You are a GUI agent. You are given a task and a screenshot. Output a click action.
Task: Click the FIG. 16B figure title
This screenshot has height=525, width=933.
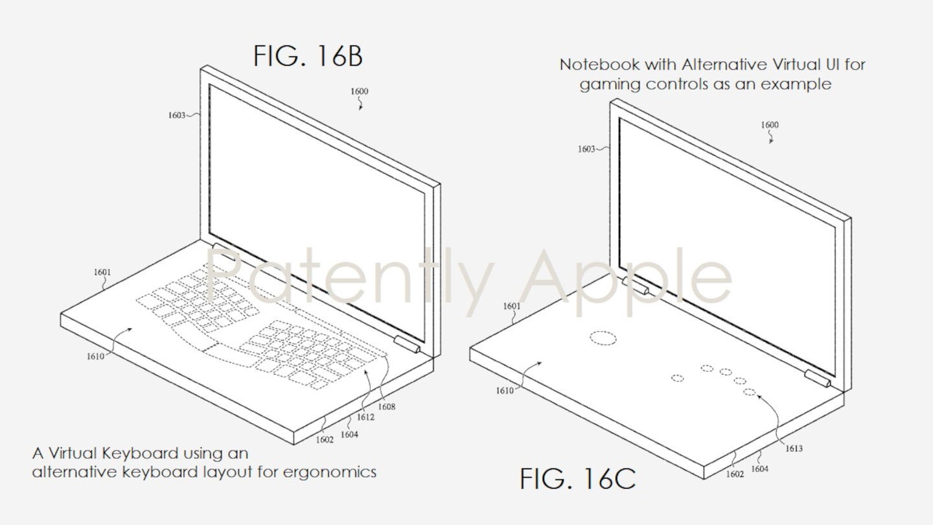[308, 56]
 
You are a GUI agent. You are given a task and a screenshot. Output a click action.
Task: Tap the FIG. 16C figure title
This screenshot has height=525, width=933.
[577, 479]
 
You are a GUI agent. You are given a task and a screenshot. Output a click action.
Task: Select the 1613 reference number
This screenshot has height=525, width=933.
[794, 448]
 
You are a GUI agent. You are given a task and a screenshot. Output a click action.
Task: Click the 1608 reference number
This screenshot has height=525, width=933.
[386, 407]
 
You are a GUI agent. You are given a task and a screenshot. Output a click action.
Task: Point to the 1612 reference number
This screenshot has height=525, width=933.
[365, 417]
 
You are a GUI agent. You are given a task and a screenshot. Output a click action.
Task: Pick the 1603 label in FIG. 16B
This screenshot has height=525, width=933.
[176, 115]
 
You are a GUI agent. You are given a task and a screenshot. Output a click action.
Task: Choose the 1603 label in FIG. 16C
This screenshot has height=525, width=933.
[586, 149]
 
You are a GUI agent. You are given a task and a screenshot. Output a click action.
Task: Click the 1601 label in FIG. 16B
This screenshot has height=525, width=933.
[102, 272]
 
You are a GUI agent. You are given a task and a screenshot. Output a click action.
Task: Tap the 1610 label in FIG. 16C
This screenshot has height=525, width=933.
[504, 390]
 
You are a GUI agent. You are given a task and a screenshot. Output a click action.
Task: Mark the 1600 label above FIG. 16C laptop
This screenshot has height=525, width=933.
[770, 125]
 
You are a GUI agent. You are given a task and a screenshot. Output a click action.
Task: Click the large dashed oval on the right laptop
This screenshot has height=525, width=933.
[603, 338]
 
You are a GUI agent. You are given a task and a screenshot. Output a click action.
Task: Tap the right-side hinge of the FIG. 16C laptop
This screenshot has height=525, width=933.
[817, 379]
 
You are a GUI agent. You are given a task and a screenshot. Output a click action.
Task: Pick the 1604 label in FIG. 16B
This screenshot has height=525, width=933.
[349, 435]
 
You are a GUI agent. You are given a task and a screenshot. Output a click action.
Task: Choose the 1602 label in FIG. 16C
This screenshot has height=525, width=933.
[735, 474]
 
